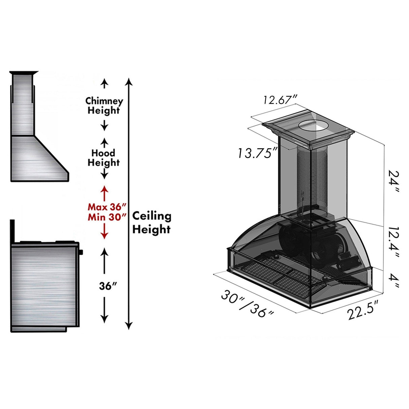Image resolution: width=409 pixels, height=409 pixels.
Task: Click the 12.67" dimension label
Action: (x=280, y=100)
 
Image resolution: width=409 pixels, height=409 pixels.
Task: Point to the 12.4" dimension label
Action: (x=393, y=242)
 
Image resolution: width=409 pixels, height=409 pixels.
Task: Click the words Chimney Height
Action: (x=104, y=105)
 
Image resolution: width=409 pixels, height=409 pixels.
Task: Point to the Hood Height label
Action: (x=104, y=158)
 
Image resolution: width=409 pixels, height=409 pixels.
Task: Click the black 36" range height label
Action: (x=108, y=286)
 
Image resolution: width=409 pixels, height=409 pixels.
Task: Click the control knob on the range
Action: (x=81, y=251)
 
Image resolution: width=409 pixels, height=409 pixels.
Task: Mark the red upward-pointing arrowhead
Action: (x=104, y=189)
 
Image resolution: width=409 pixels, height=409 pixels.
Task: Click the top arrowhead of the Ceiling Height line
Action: (x=129, y=82)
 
